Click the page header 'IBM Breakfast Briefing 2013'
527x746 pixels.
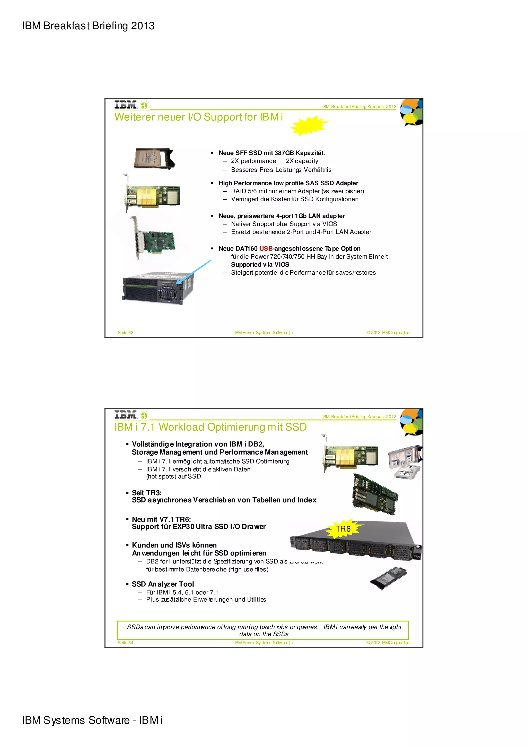click(88, 26)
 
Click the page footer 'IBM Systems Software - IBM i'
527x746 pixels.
click(92, 720)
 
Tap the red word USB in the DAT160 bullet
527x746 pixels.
click(266, 249)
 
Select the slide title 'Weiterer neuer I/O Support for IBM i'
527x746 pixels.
click(198, 117)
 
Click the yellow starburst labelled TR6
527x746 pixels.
click(344, 529)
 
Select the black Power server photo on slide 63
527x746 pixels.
click(157, 288)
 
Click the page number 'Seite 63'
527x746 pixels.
click(125, 332)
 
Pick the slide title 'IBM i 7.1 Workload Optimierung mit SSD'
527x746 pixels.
click(210, 427)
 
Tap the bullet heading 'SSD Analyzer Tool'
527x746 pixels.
click(163, 584)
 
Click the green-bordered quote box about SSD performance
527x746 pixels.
click(263, 630)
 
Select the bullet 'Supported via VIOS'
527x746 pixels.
click(260, 264)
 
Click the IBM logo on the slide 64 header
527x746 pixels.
click(126, 415)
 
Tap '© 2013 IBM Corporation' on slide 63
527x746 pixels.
click(388, 332)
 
